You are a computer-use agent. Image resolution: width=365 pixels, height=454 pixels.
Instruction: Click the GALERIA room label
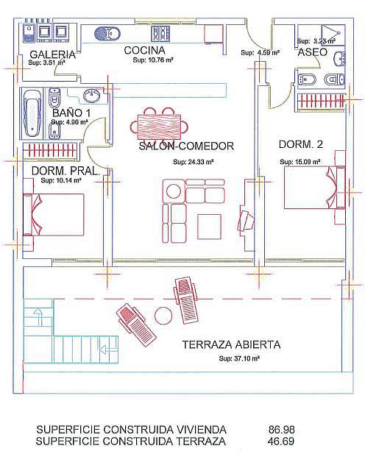(52, 54)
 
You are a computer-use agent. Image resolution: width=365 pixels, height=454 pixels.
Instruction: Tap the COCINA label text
(144, 50)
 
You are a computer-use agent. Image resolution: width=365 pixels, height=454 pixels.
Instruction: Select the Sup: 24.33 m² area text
(194, 162)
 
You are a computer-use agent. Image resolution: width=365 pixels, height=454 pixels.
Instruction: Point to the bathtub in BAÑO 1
(32, 113)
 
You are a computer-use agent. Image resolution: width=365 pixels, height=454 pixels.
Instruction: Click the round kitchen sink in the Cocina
(107, 34)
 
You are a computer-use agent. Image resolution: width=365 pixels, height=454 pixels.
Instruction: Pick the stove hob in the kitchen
(160, 34)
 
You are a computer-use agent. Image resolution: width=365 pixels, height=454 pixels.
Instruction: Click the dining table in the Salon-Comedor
(160, 127)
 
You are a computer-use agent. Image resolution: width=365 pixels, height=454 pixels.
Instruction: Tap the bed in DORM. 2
(314, 188)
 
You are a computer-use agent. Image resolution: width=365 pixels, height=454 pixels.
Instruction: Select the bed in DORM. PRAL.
(54, 214)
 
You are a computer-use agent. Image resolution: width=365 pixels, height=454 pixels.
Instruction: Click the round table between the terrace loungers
(163, 316)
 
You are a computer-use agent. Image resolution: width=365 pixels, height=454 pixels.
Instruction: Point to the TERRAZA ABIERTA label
(231, 345)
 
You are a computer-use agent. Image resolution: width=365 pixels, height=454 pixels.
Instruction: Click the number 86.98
(282, 430)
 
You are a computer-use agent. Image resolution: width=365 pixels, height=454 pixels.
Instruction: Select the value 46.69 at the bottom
(281, 441)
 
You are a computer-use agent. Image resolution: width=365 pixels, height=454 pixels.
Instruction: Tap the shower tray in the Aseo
(333, 35)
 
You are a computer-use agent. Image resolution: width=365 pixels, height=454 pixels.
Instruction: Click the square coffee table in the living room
(209, 227)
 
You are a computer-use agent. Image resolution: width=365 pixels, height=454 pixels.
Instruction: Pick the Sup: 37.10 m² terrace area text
(239, 358)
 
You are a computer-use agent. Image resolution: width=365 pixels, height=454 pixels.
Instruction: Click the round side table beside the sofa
(173, 191)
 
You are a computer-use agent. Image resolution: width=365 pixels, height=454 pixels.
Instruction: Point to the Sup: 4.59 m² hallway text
(260, 53)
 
